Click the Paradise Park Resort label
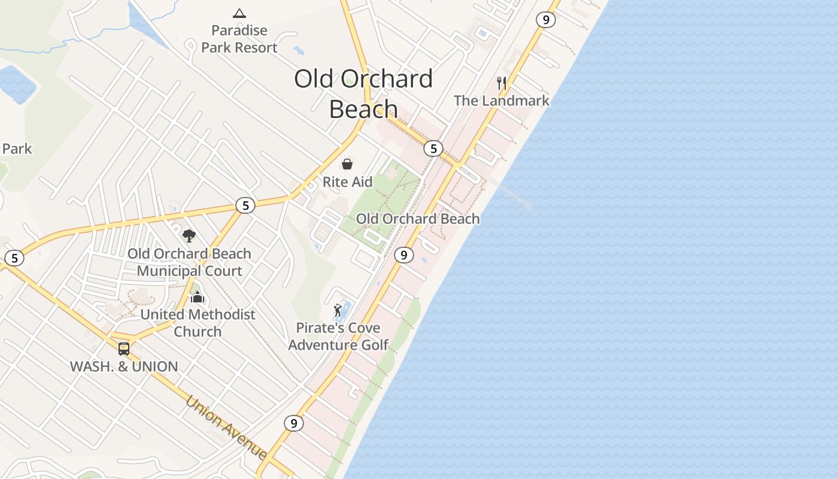point(239,39)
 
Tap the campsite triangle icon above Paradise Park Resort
point(239,13)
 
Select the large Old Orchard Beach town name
point(363,93)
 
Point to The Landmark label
point(501,101)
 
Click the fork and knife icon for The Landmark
point(502,83)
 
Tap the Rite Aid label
point(347,182)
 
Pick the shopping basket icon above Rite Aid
point(347,164)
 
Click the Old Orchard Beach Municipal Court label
point(189,262)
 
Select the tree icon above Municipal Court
point(189,235)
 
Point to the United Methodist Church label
point(198,323)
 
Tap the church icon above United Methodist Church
point(198,296)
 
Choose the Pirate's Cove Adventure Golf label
point(338,336)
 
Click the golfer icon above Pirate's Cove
point(338,310)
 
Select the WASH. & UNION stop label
point(124,366)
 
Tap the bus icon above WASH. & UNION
point(124,348)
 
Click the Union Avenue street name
point(226,427)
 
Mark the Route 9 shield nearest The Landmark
point(545,20)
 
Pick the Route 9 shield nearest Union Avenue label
point(293,423)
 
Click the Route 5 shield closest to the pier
point(433,148)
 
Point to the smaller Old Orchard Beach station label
point(418,219)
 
